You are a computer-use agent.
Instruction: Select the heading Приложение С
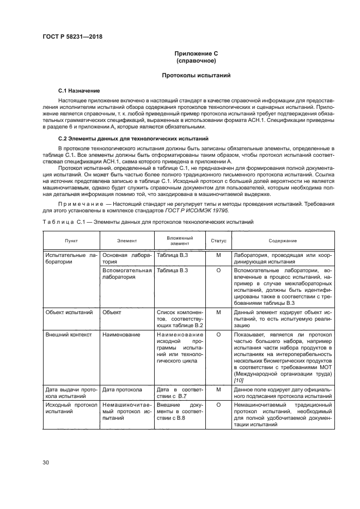click(196, 54)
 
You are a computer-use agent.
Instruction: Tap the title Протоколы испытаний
click(196, 75)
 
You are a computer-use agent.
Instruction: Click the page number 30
click(46, 463)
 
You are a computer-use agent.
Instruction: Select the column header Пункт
click(71, 240)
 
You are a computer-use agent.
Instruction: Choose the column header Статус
click(218, 240)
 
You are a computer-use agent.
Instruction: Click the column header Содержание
click(282, 240)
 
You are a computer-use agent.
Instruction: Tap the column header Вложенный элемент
click(180, 240)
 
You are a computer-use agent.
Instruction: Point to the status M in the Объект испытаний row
click(218, 312)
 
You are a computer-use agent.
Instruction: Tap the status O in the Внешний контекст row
click(218, 335)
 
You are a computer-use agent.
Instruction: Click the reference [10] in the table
click(239, 380)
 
